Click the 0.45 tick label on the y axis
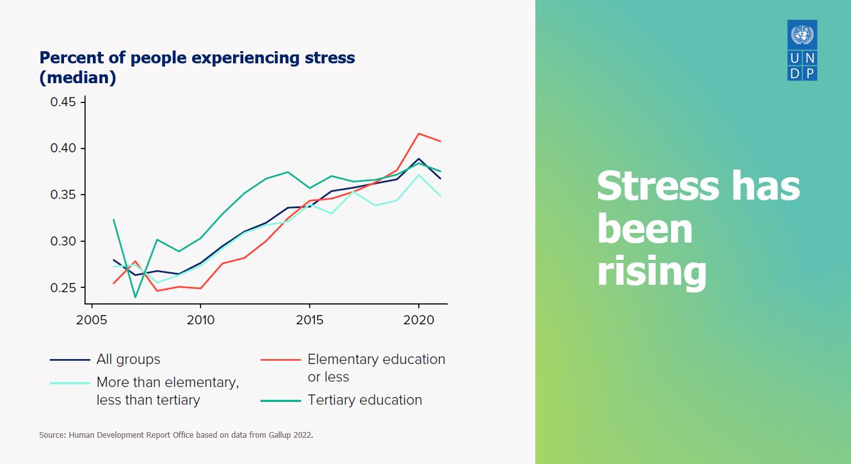click(63, 102)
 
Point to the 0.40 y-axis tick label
click(63, 148)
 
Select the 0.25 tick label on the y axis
click(63, 288)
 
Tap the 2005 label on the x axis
click(92, 319)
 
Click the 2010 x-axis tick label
click(200, 319)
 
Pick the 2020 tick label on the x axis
click(419, 319)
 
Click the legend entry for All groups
click(128, 360)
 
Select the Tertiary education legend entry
click(365, 400)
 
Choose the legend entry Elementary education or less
click(376, 368)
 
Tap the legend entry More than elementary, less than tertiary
click(167, 391)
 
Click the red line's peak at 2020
click(419, 134)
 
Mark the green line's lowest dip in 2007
click(135, 297)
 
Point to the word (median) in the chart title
click(77, 78)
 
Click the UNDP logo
click(802, 50)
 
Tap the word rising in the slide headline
click(651, 271)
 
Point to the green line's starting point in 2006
click(113, 220)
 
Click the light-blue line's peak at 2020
click(419, 175)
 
